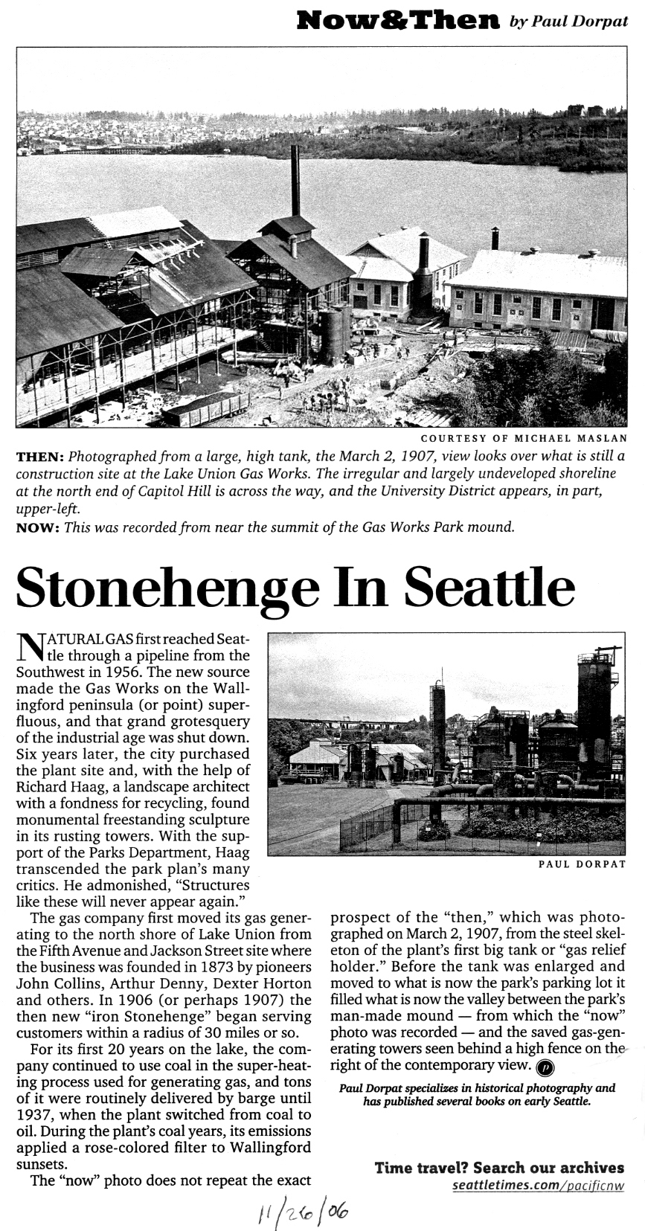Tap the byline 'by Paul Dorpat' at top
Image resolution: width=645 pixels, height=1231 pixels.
568,22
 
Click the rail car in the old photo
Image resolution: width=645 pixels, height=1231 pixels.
206,408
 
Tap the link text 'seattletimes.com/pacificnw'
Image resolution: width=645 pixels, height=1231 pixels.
538,1184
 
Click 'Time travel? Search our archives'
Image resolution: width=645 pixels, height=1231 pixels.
499,1167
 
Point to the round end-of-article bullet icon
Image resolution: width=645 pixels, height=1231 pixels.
545,1067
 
